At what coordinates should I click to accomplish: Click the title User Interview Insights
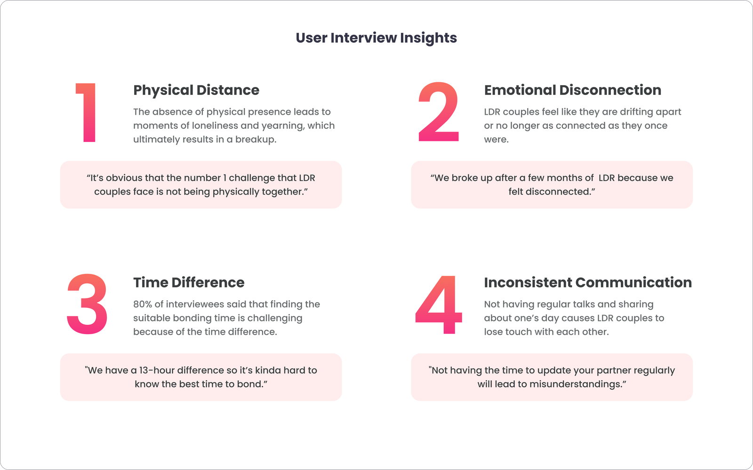pyautogui.click(x=376, y=38)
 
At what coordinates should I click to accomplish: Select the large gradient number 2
pyautogui.click(x=439, y=112)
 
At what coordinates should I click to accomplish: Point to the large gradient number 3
pyautogui.click(x=87, y=304)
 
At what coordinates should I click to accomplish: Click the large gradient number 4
pyautogui.click(x=439, y=305)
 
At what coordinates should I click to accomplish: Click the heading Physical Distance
pyautogui.click(x=196, y=90)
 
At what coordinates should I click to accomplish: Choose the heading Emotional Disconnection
pyautogui.click(x=573, y=90)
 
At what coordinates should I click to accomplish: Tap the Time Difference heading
pyautogui.click(x=189, y=282)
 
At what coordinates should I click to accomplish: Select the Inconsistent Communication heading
pyautogui.click(x=588, y=282)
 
